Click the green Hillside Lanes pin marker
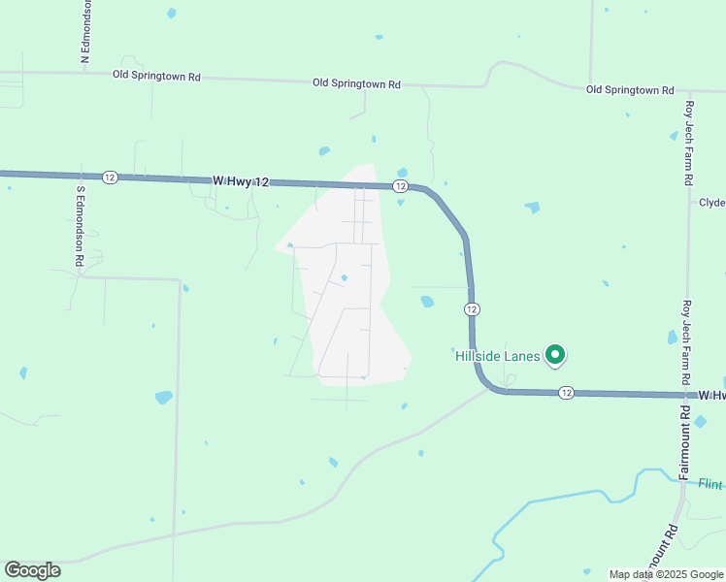pos(555,356)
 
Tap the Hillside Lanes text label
pos(497,357)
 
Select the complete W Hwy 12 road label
pos(240,180)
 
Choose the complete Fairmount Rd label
pos(685,441)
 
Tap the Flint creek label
pos(710,483)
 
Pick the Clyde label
pos(711,203)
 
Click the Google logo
pos(32,570)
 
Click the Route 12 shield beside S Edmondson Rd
pos(110,177)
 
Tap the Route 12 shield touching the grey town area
pos(400,185)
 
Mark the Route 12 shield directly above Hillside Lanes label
pos(471,308)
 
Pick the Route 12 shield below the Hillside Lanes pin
pos(566,393)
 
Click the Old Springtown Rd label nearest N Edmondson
pos(156,75)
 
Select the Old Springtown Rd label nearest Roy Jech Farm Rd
pos(630,90)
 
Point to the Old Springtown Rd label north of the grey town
pos(356,83)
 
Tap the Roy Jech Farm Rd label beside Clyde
pos(689,143)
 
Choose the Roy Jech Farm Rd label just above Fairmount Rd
pos(686,342)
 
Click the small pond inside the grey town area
pos(344,278)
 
